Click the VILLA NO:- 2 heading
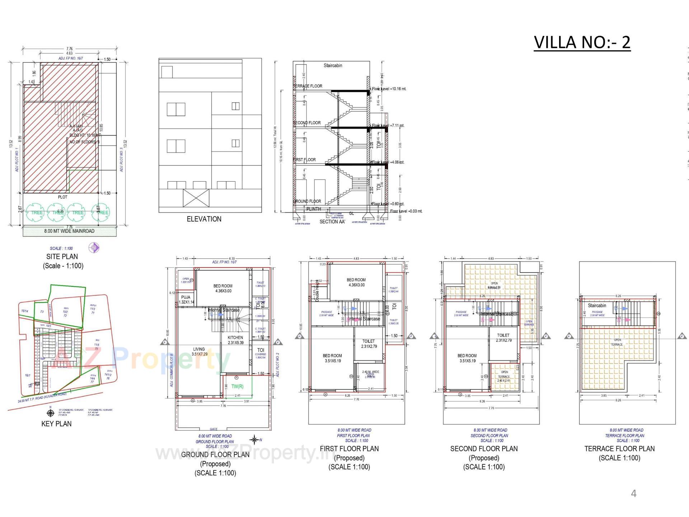pyautogui.click(x=582, y=42)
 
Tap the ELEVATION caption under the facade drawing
pyautogui.click(x=204, y=219)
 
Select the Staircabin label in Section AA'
pyautogui.click(x=333, y=66)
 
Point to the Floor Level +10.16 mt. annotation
pyautogui.click(x=389, y=89)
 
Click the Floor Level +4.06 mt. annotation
pyautogui.click(x=389, y=162)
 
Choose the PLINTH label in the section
pyautogui.click(x=314, y=209)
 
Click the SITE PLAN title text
pyautogui.click(x=62, y=257)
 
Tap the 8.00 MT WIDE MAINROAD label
pyautogui.click(x=69, y=231)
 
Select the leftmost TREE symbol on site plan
pyautogui.click(x=36, y=212)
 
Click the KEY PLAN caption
pyautogui.click(x=56, y=424)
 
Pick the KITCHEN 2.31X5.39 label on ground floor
pyautogui.click(x=235, y=340)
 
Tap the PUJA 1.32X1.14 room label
pyautogui.click(x=186, y=300)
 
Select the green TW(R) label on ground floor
pyautogui.click(x=237, y=387)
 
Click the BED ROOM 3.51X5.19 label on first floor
pyautogui.click(x=332, y=358)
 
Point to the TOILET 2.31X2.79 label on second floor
pyautogui.click(x=503, y=337)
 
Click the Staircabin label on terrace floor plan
pyautogui.click(x=597, y=306)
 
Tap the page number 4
pyautogui.click(x=633, y=494)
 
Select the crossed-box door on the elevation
pyautogui.click(x=196, y=198)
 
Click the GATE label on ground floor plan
pyautogui.click(x=214, y=429)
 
